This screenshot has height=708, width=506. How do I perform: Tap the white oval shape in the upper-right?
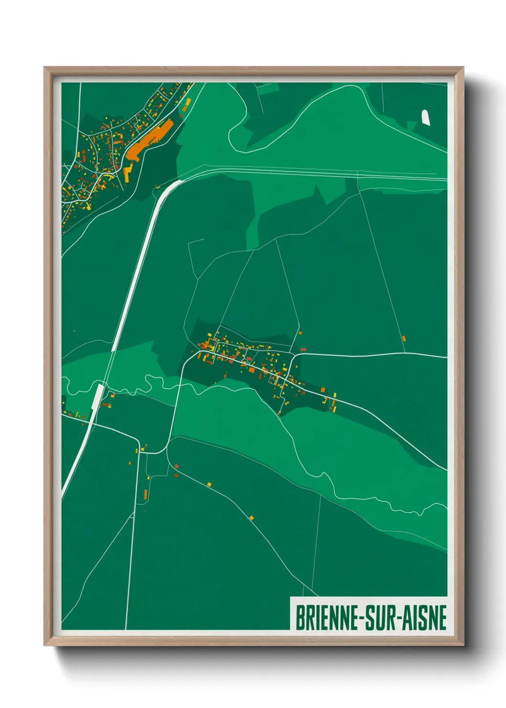pos(425,118)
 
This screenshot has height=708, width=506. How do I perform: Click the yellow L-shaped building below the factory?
pos(128,170)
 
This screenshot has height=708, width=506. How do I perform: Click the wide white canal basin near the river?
pos(98,397)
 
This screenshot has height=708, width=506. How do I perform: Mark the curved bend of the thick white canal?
pos(170,188)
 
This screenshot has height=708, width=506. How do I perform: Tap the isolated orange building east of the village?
pos(404,339)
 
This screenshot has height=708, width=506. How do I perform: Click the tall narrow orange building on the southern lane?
pos(145,494)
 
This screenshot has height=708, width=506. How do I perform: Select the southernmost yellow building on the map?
pos(252,518)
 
